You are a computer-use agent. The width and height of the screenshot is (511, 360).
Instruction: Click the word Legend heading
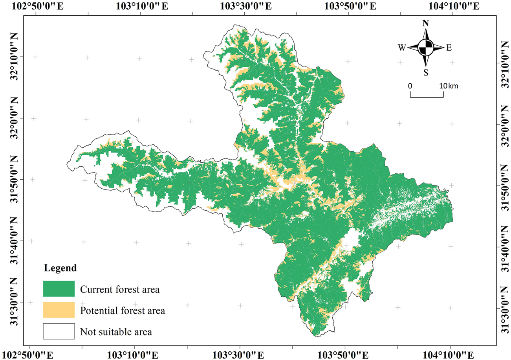pos(59,269)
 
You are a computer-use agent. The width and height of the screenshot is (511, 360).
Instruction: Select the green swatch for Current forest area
pos(59,289)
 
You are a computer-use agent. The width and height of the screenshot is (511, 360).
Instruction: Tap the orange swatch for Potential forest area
pos(59,310)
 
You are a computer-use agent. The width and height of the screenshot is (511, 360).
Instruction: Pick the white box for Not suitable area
pos(59,331)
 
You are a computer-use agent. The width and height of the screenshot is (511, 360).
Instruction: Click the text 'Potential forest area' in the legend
pos(122,310)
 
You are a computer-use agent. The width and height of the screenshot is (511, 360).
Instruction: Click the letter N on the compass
pos(425,23)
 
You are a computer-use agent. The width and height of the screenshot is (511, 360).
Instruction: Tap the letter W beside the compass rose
pos(402,48)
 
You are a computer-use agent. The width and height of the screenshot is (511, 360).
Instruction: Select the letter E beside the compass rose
pos(449,48)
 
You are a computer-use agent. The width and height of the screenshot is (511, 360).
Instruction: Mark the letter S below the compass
pos(426,72)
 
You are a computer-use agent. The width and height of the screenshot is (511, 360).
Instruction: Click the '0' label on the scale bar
pos(410,85)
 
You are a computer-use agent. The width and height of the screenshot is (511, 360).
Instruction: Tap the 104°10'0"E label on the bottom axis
pos(450,354)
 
